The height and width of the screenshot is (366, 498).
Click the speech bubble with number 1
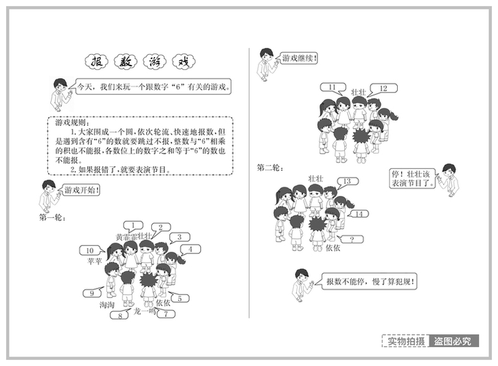(x=133, y=225)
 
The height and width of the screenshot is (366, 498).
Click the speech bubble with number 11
(x=332, y=88)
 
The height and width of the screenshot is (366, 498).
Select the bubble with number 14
(x=359, y=214)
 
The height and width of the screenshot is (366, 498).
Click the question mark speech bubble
(x=352, y=239)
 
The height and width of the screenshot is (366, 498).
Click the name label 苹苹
(x=94, y=261)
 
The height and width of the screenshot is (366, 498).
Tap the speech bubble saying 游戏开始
(x=82, y=190)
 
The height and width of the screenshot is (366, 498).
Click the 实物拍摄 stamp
(x=405, y=341)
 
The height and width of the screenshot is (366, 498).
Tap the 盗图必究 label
(x=455, y=341)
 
